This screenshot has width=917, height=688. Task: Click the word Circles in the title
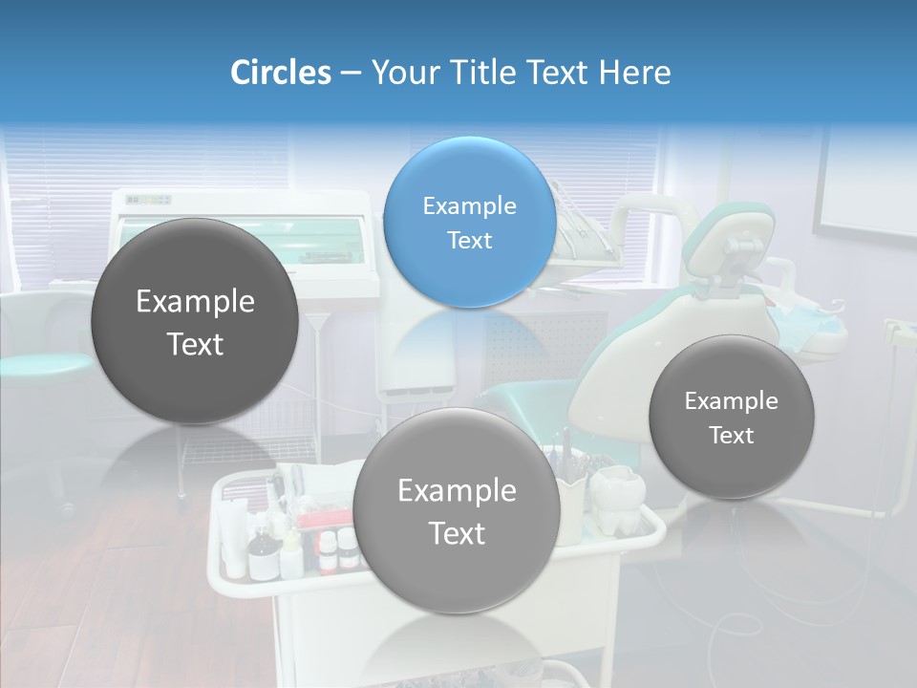tap(280, 73)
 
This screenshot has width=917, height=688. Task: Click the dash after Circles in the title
tap(350, 74)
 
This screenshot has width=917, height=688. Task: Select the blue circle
tap(469, 223)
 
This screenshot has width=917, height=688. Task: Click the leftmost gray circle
tap(195, 322)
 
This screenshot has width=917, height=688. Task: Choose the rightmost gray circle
tap(731, 418)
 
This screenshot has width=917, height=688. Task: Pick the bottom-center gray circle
tap(457, 511)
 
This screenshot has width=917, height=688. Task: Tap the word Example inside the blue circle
tap(469, 206)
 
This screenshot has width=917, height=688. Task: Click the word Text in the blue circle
tap(469, 240)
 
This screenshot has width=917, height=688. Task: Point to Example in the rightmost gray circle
tap(731, 401)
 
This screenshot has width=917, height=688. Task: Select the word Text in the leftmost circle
tap(195, 344)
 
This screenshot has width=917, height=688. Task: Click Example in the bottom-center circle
tap(457, 491)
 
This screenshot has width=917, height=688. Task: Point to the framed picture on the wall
tap(864, 182)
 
